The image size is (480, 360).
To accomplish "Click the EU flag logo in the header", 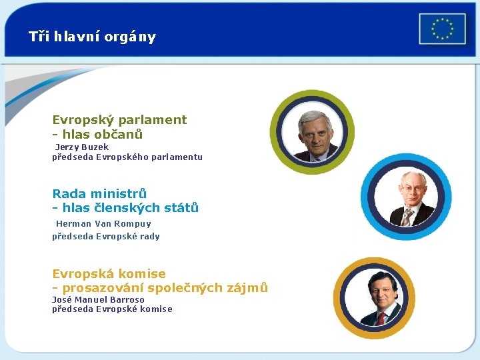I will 442,29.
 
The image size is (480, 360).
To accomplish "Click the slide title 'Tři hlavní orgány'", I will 92,37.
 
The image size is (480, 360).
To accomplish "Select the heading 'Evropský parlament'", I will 119,120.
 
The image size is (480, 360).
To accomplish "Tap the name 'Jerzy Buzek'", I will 81,147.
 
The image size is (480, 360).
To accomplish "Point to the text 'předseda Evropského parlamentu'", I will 127,157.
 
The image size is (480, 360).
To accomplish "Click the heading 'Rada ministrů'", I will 99,194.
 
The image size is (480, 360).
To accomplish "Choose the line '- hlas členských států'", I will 125,208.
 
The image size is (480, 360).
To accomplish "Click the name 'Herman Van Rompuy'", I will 103,224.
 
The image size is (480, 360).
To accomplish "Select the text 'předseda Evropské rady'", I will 106,236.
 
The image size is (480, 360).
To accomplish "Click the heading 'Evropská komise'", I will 109,274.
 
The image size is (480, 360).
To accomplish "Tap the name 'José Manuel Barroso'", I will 98,299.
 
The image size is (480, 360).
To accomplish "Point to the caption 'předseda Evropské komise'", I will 112,309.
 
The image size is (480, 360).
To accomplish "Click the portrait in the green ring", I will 312,133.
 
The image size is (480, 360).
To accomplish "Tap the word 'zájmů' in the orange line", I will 249,288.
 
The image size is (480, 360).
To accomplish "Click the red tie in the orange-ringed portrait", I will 381,318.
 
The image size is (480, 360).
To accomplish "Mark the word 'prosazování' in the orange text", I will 102,288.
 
